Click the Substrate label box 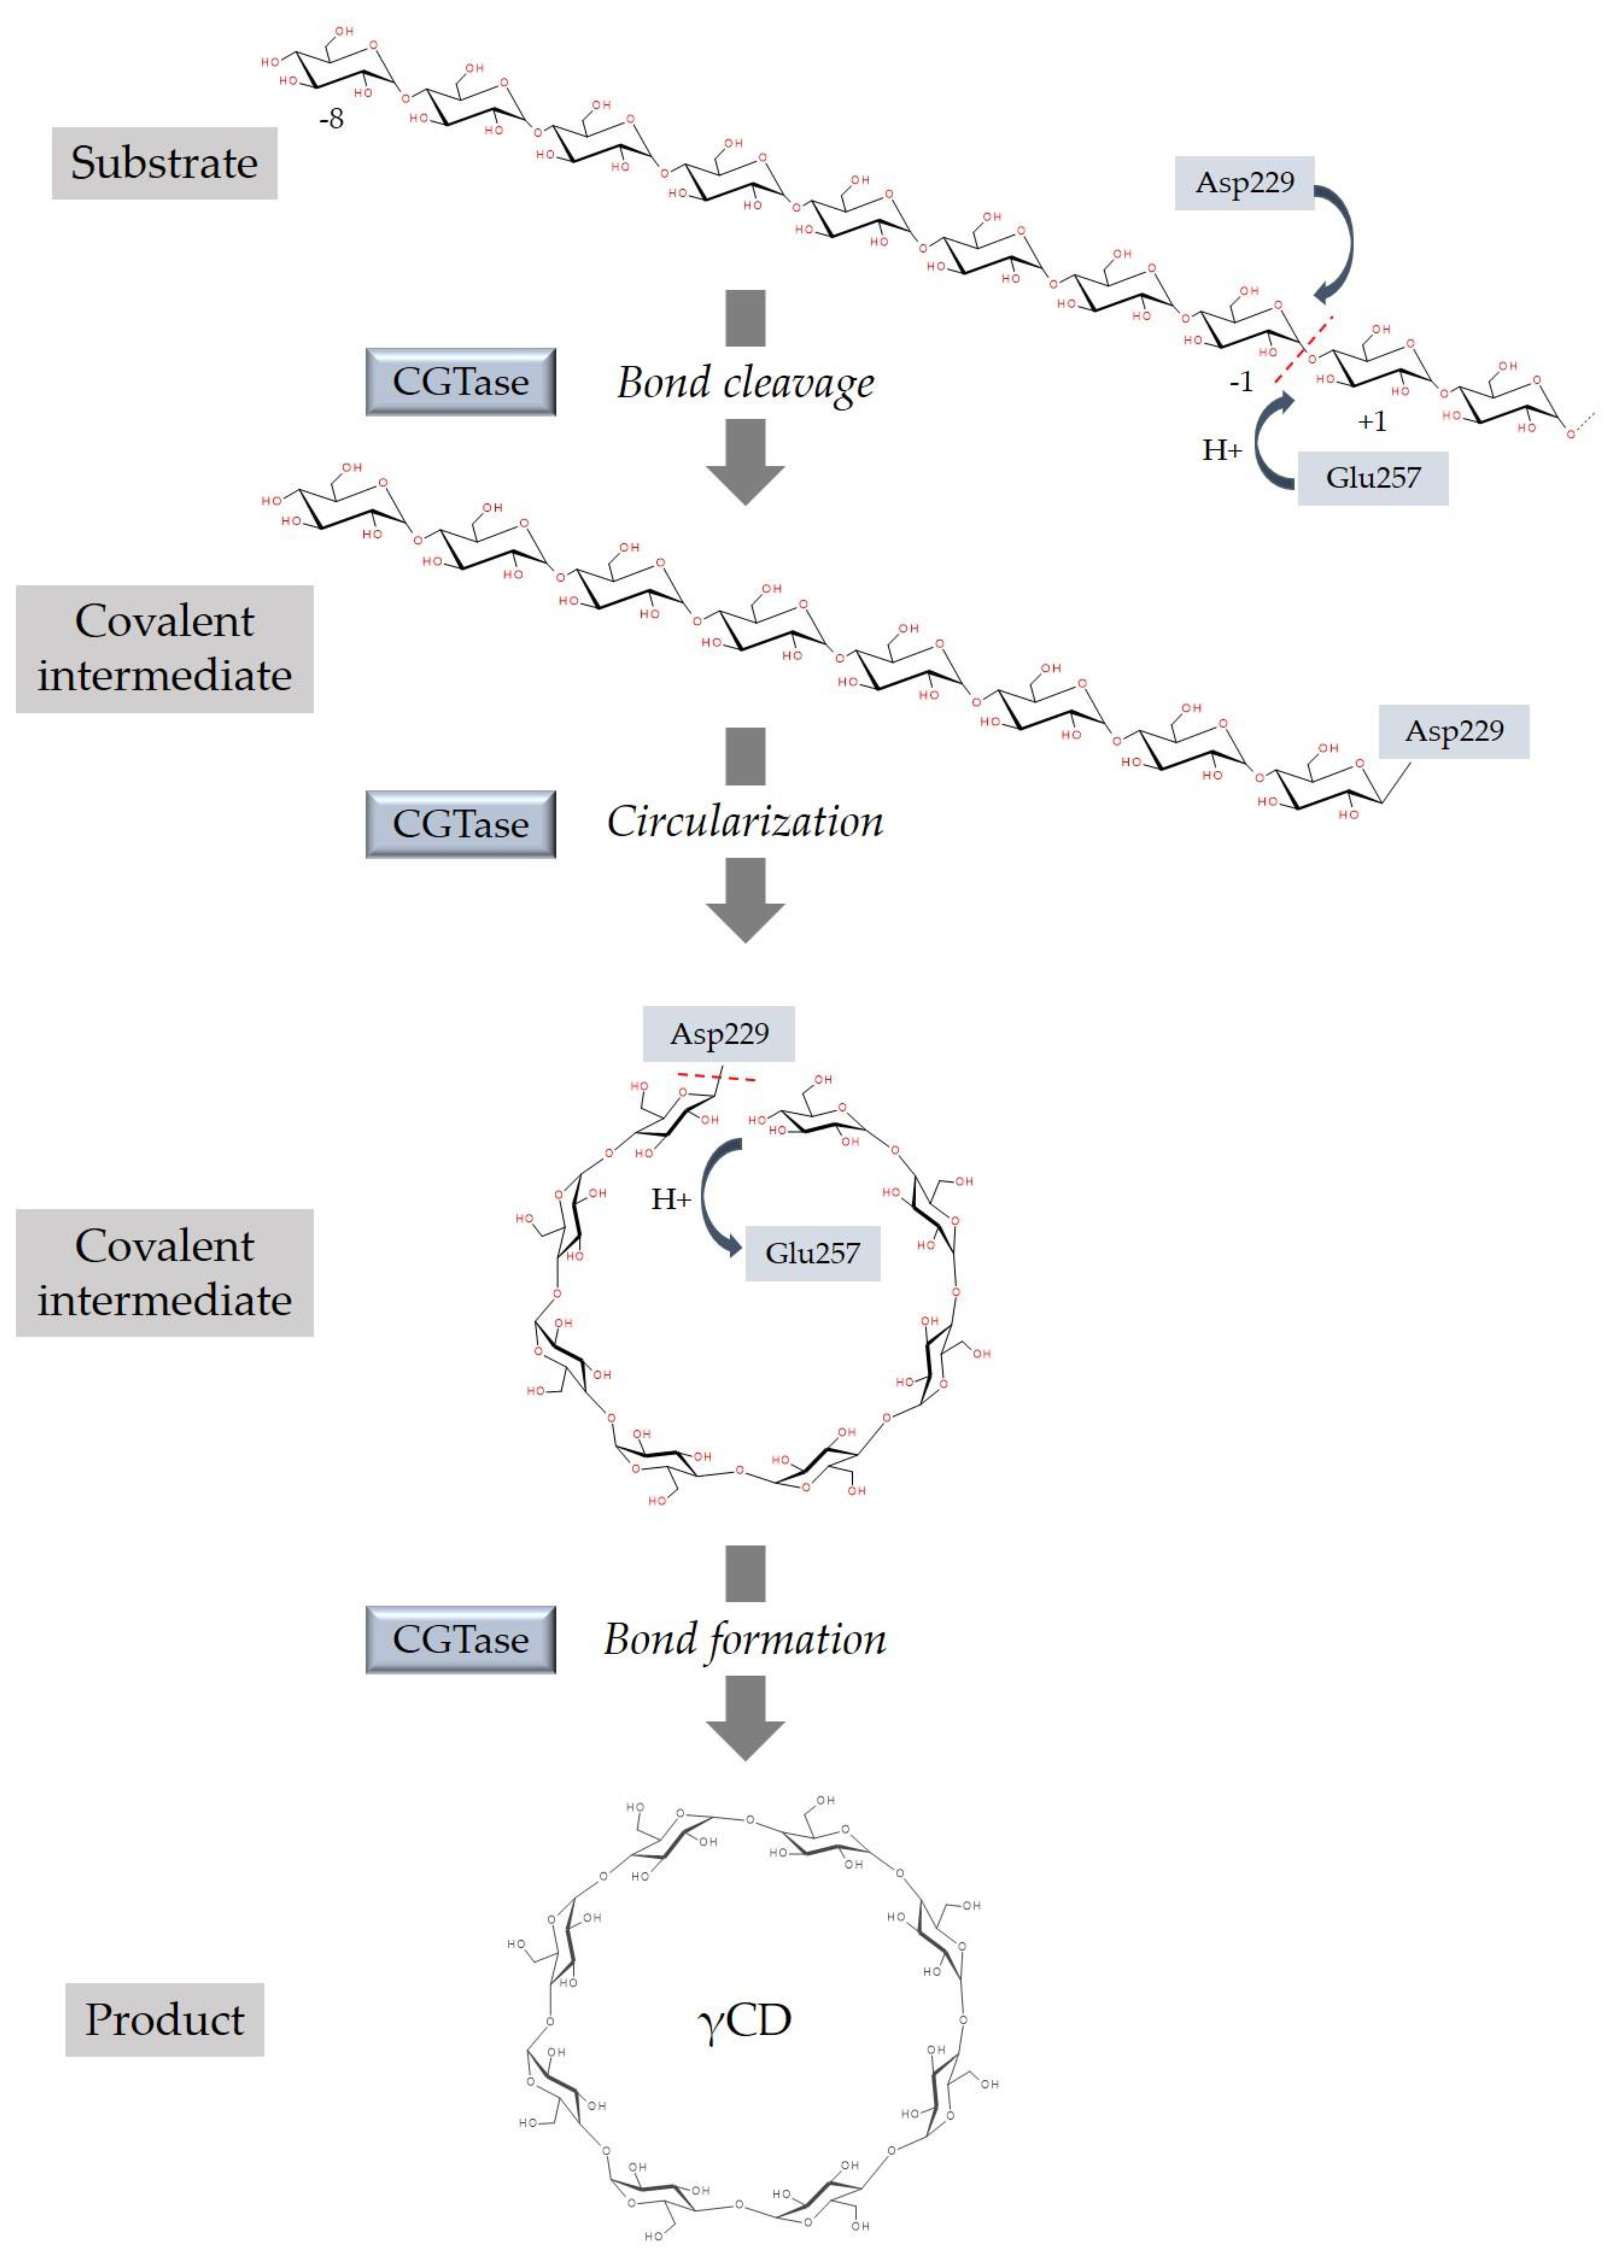pos(164,163)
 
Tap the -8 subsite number pos(331,119)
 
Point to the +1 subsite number pos(1371,422)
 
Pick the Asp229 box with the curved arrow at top pos(1244,183)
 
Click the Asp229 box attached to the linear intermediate pos(1453,731)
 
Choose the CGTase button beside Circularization pos(460,824)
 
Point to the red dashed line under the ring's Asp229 pos(716,1077)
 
